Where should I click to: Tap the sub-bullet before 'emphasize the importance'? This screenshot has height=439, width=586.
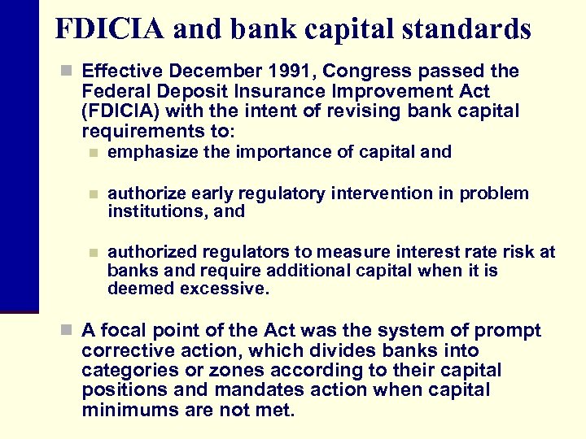tap(94, 152)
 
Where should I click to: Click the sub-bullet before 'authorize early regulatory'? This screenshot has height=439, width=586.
tap(94, 193)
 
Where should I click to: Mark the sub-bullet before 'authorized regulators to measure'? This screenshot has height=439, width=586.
tap(94, 253)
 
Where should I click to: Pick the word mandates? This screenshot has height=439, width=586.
tap(257, 389)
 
